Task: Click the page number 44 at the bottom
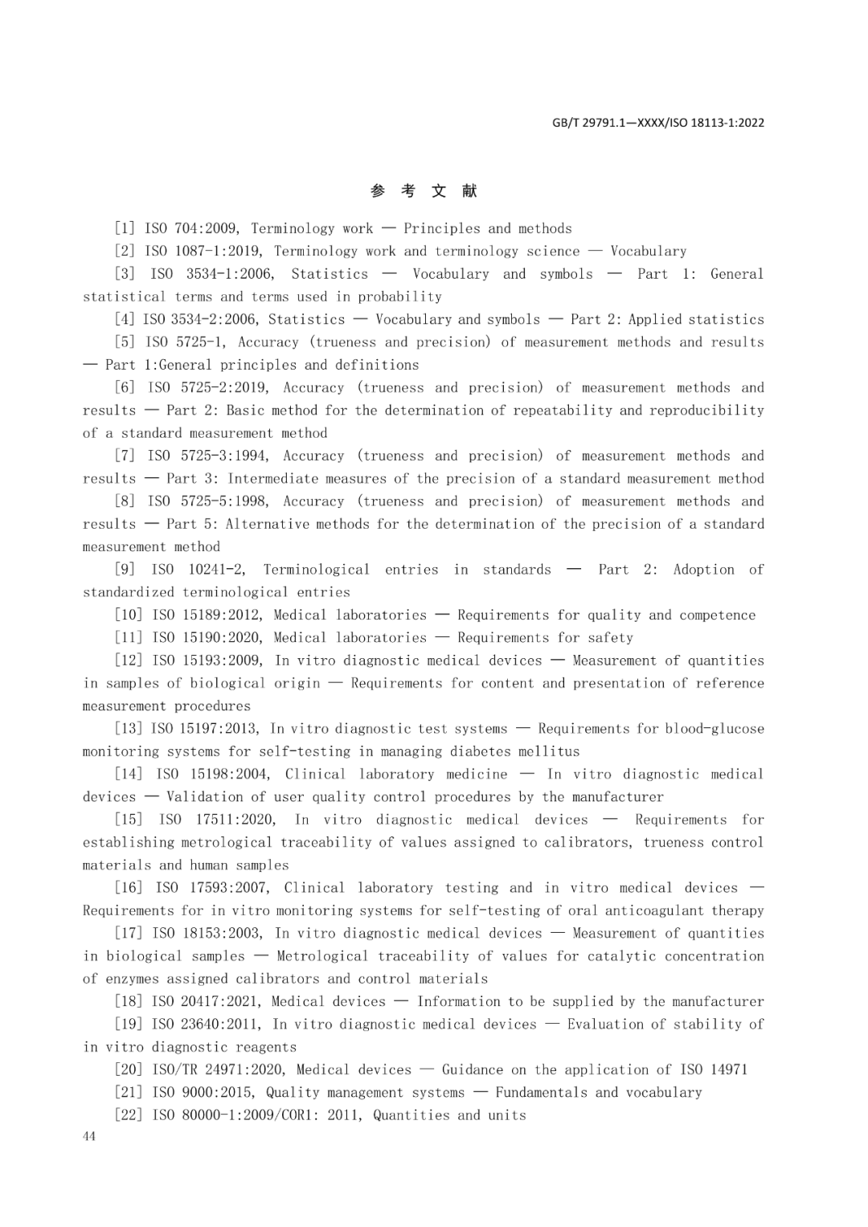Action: [88, 1136]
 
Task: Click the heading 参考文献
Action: [424, 190]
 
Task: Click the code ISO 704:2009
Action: [191, 228]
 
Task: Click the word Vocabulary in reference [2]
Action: [648, 251]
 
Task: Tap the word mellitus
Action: [550, 751]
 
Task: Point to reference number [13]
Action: [129, 729]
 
